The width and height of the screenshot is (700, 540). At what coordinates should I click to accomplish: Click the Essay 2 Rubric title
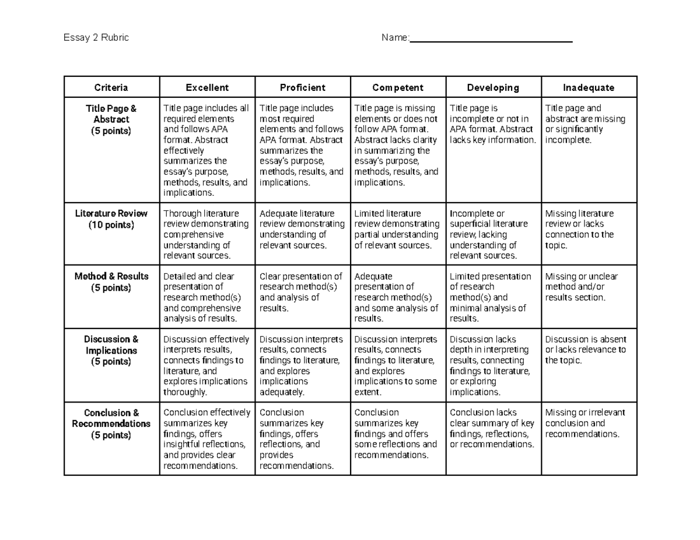click(x=96, y=38)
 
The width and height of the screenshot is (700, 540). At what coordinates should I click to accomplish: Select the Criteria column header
click(x=111, y=87)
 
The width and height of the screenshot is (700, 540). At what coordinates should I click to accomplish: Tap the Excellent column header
click(x=207, y=87)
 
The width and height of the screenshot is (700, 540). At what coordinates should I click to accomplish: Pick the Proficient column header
click(x=302, y=87)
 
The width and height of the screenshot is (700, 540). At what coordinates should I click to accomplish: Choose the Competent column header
click(x=398, y=87)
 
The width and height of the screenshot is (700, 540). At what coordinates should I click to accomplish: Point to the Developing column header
click(x=493, y=87)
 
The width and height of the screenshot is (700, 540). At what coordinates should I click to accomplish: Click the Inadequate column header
click(x=589, y=87)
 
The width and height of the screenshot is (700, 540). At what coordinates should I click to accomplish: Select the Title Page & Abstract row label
click(x=111, y=119)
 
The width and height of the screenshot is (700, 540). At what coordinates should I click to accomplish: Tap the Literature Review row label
click(x=111, y=213)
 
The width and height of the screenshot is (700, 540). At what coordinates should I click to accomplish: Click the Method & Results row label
click(x=111, y=276)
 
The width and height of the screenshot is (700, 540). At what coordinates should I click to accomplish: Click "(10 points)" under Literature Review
click(x=111, y=225)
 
